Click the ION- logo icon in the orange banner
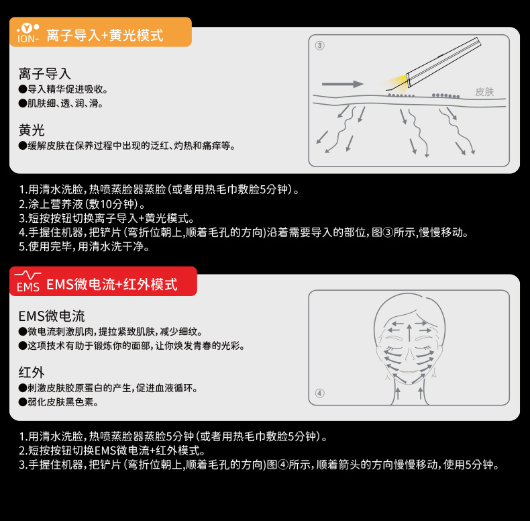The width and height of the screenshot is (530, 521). point(27,34)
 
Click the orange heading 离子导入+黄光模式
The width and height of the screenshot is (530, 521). point(104,35)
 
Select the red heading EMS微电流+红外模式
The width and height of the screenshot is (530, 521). point(111,284)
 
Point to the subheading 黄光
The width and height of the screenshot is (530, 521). point(32,130)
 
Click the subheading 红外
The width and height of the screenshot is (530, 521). point(32,373)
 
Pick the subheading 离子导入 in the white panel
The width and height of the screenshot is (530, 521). point(45,74)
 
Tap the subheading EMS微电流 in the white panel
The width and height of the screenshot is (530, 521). point(52,316)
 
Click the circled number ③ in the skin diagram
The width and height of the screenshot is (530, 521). point(319,46)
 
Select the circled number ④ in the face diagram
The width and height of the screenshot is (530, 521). point(319,393)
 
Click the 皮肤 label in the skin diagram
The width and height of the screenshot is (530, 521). point(484,92)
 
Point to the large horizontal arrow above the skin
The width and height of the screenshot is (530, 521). point(342,84)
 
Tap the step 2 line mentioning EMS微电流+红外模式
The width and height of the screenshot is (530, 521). point(111,450)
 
